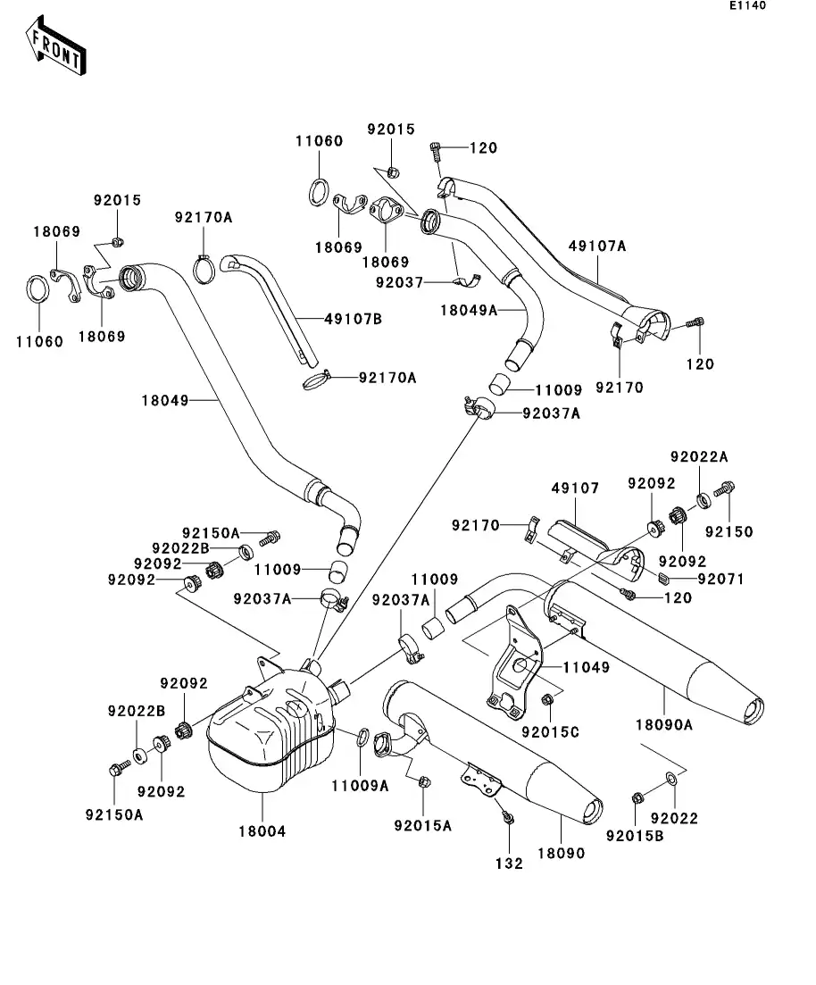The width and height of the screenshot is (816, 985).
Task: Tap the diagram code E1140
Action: [747, 6]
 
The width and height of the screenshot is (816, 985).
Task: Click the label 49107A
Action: [597, 246]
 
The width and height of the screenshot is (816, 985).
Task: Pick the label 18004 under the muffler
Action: [262, 831]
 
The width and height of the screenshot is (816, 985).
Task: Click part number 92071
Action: [721, 580]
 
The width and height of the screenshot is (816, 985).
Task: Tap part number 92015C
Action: [551, 733]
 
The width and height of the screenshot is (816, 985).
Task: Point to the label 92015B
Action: [634, 837]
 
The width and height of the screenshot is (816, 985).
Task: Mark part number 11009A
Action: [360, 786]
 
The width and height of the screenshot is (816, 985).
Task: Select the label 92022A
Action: [699, 456]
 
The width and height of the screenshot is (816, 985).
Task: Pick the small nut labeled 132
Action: [506, 816]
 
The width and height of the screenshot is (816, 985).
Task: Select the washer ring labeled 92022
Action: [670, 784]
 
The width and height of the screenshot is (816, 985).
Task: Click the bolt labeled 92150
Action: [723, 489]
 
